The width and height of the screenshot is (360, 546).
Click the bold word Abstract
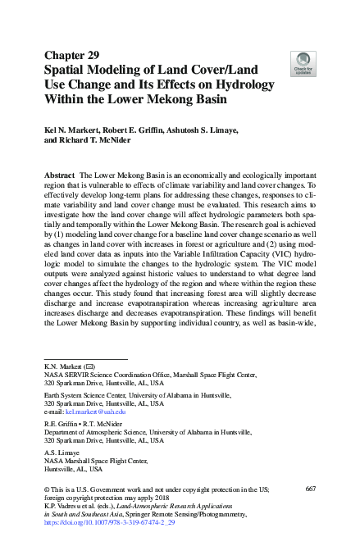[60, 176]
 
